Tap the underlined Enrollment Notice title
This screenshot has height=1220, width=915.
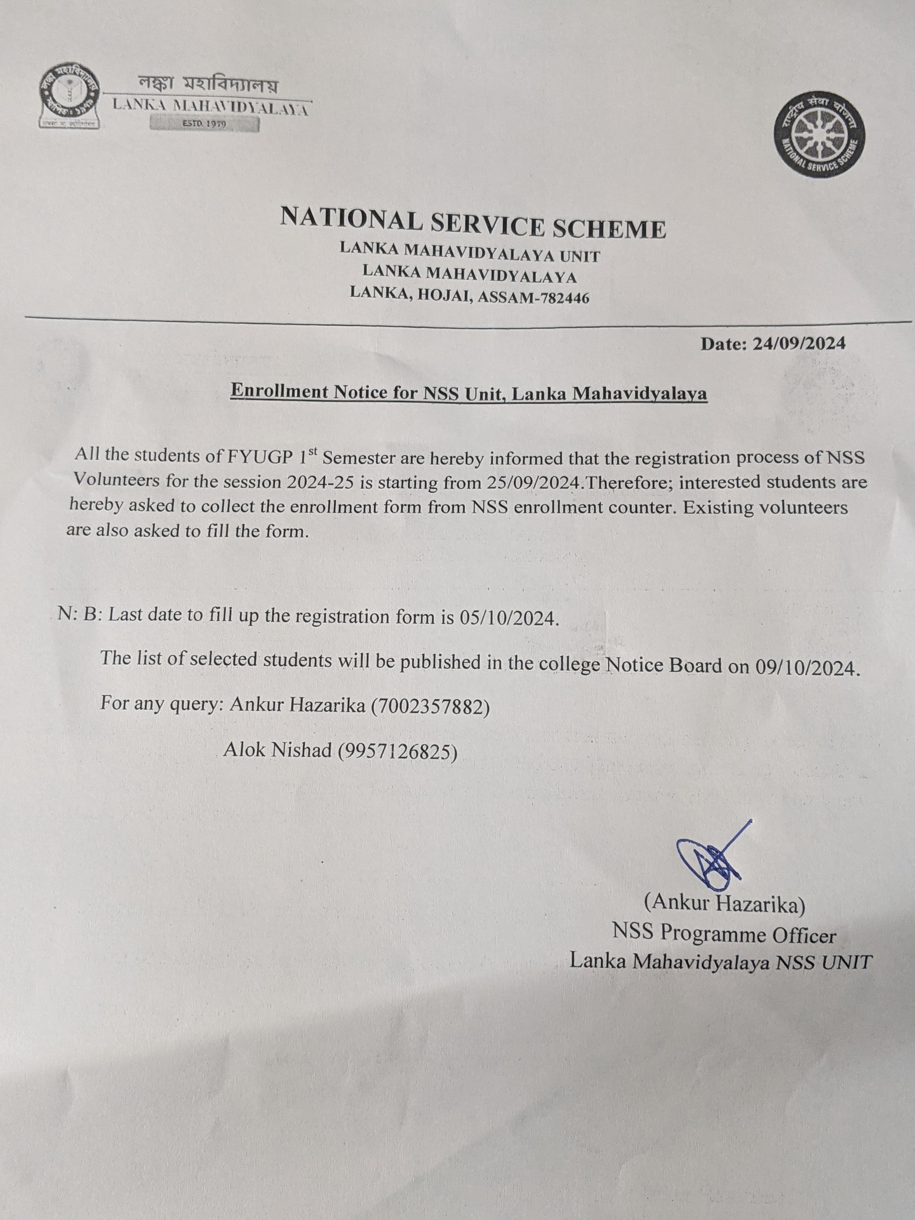pyautogui.click(x=468, y=393)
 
